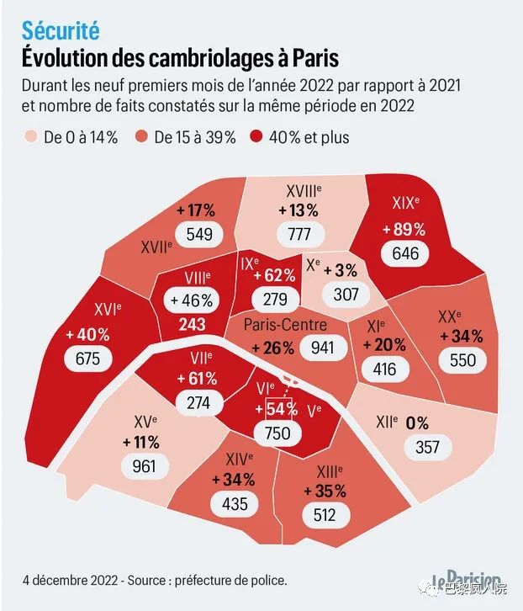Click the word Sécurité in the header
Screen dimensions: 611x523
click(x=61, y=31)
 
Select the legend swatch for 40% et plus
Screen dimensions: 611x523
click(x=259, y=136)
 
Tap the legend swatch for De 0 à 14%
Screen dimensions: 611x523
click(x=32, y=136)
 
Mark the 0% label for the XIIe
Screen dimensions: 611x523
click(x=416, y=422)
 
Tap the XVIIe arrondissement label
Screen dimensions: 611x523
click(x=156, y=247)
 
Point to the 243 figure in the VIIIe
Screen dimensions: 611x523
click(x=193, y=324)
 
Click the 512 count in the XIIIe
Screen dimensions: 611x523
click(x=324, y=515)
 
